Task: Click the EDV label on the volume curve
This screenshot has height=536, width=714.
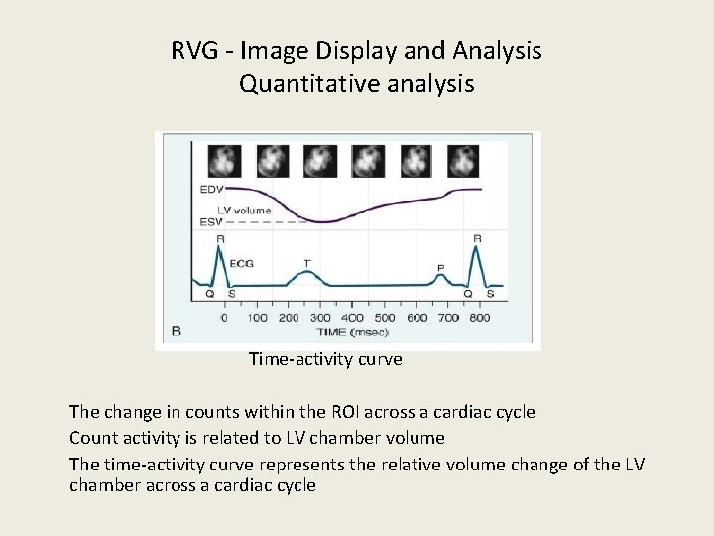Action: pos(211,189)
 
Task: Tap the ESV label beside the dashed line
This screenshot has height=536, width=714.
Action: pos(211,221)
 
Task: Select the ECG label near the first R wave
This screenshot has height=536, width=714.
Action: pos(241,264)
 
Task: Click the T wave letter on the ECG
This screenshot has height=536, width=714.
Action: pos(306,263)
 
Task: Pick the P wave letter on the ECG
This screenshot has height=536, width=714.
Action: pos(440,268)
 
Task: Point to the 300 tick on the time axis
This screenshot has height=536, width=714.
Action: pos(321,318)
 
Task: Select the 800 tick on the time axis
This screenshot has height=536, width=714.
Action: pos(480,318)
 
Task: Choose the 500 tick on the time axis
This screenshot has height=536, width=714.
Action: pos(385,318)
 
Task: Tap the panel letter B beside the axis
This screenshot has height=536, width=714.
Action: pos(176,330)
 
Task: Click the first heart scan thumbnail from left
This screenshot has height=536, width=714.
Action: pos(222,159)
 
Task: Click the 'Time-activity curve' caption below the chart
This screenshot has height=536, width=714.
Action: pos(325,360)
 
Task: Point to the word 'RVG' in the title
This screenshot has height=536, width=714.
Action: pos(194,51)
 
